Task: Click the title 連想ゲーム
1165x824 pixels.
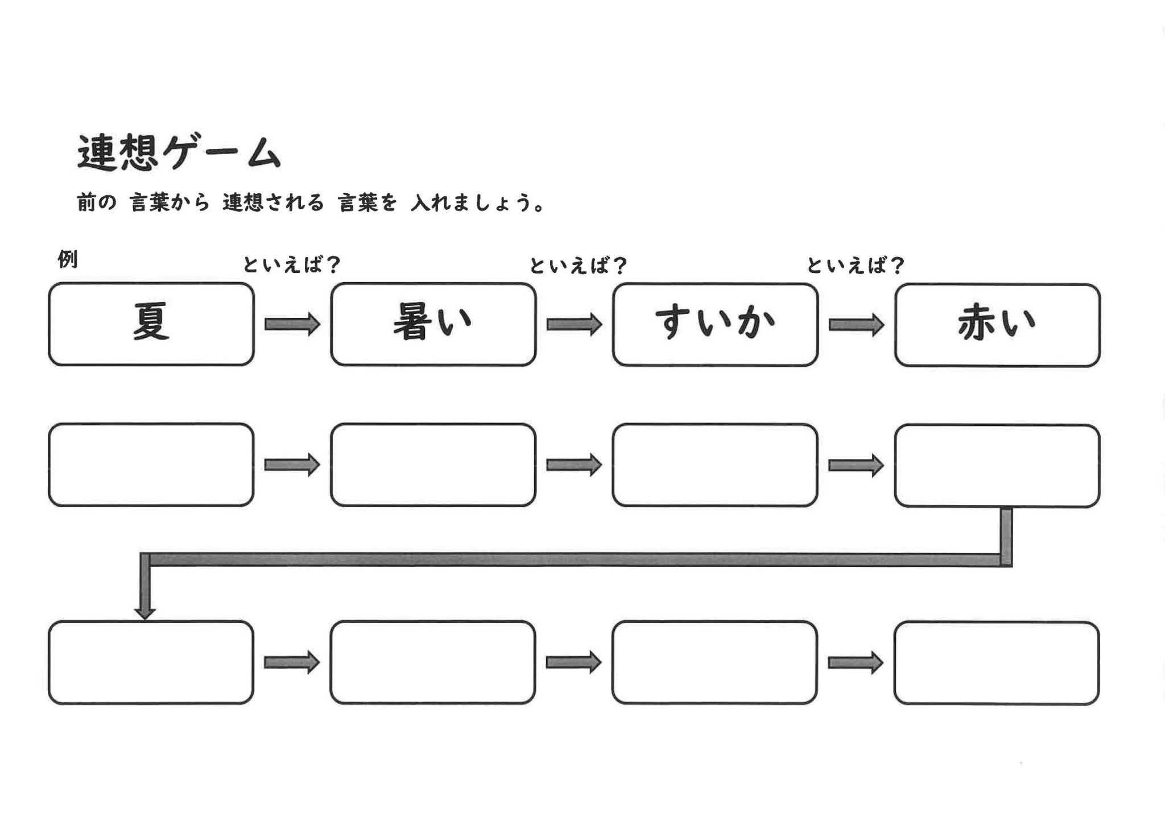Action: tap(179, 152)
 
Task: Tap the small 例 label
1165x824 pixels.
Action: tap(68, 259)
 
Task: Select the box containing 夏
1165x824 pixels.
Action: tap(151, 324)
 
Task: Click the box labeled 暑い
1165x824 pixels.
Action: tap(433, 324)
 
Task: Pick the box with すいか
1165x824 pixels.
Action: tap(715, 324)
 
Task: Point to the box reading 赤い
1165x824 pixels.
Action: tap(997, 325)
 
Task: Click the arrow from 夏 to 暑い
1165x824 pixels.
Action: tap(292, 324)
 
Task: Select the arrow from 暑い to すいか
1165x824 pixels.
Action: tap(574, 324)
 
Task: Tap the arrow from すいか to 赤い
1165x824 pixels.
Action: tap(856, 325)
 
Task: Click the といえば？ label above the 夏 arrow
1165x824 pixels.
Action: tap(291, 265)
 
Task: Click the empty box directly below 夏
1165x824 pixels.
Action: tap(151, 465)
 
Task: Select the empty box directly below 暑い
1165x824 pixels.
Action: tap(433, 465)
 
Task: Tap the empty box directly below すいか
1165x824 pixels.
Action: tap(715, 465)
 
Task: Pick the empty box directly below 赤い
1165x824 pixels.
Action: tap(997, 465)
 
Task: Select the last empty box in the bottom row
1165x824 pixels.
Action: tap(996, 663)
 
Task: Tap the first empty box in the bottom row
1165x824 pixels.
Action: tap(151, 662)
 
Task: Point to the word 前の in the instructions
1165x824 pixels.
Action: tap(96, 202)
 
